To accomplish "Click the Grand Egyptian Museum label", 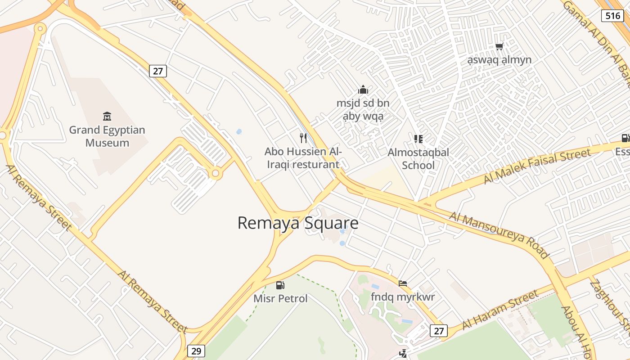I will click(107, 136).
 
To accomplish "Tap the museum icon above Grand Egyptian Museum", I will click(107, 117).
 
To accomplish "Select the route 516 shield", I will click(612, 16).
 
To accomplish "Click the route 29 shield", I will click(196, 351).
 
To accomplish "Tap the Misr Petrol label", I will click(280, 298).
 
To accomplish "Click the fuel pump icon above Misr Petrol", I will click(280, 285).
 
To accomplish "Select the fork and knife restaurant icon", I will click(303, 138).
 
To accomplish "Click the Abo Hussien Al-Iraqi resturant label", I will click(303, 158).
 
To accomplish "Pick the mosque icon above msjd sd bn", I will click(363, 90).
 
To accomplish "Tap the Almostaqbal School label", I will click(418, 159).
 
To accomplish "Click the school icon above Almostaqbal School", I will click(418, 139).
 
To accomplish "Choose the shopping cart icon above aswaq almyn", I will click(499, 46).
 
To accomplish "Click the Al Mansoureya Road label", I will click(499, 235).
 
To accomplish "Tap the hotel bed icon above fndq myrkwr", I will click(403, 283).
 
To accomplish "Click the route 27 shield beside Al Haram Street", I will click(439, 331).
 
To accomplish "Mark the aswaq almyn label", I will click(499, 60).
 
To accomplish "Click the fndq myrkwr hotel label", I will click(403, 297).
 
